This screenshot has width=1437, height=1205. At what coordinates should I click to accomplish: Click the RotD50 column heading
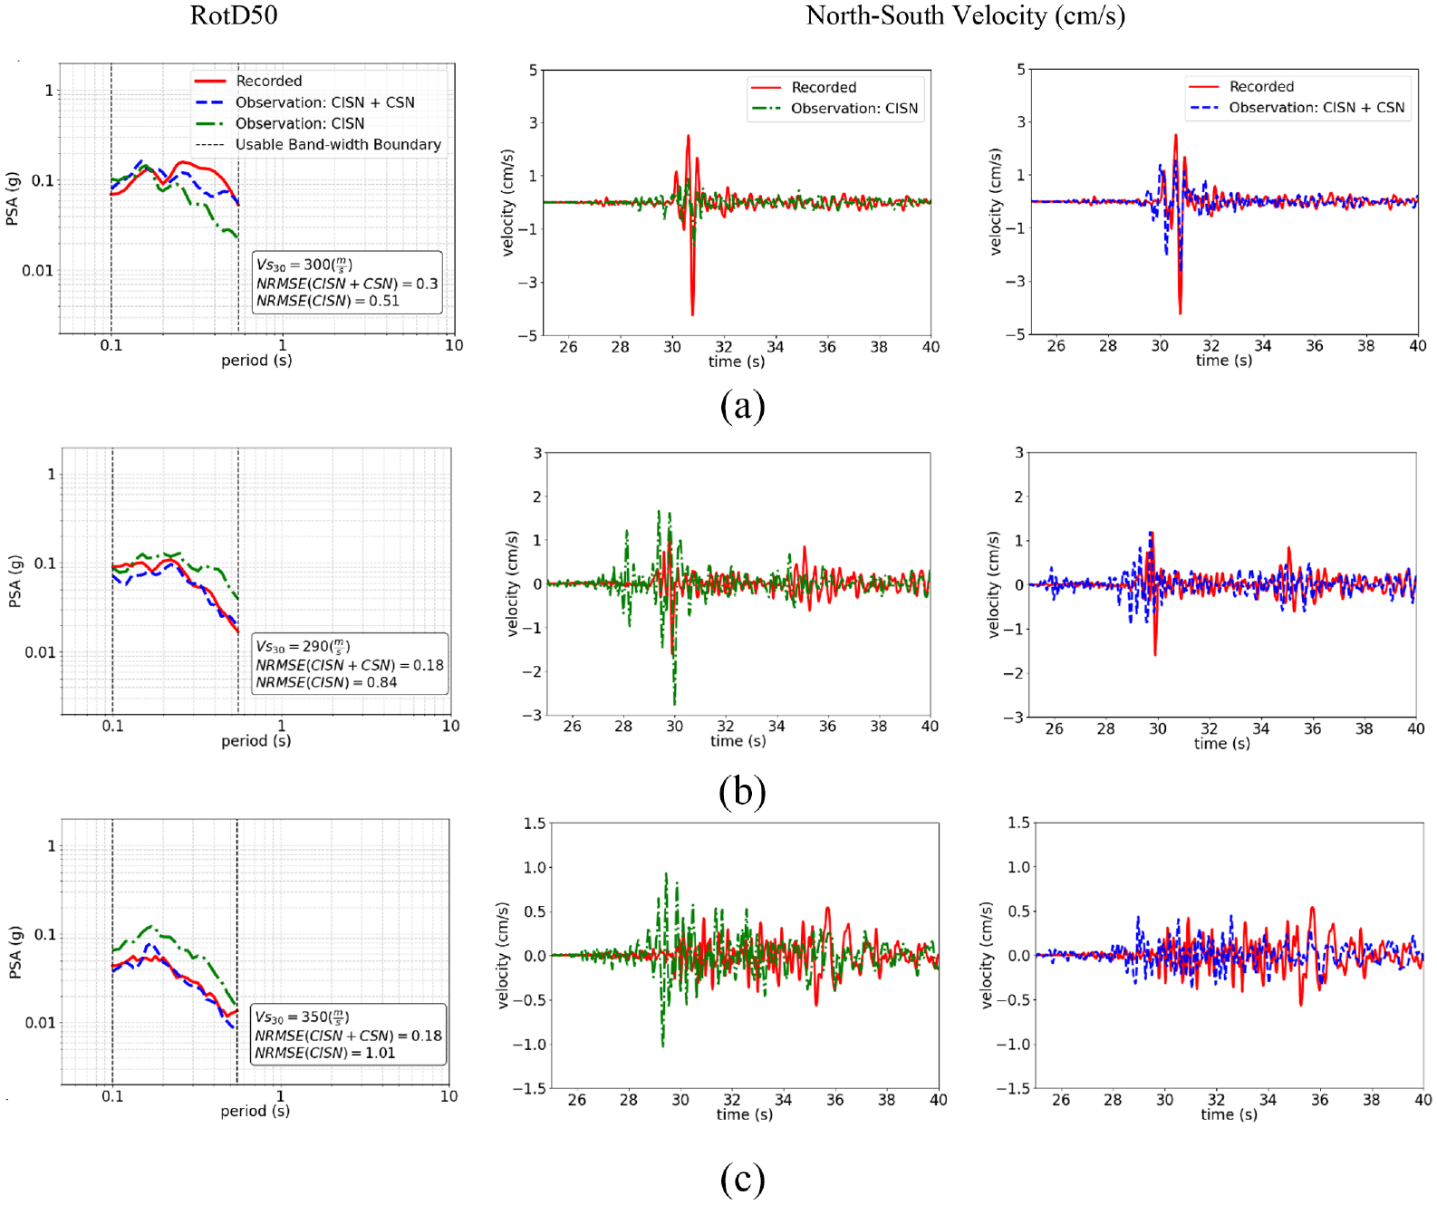point(233,15)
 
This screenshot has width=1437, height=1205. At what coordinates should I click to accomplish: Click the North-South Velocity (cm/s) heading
point(965,15)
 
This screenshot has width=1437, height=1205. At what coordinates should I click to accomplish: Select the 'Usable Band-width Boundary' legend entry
point(338,145)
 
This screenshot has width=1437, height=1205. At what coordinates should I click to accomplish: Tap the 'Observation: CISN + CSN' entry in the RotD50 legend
point(325,102)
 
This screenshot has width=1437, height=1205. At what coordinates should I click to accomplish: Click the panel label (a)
point(742,406)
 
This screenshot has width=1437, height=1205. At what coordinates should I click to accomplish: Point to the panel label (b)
point(742,792)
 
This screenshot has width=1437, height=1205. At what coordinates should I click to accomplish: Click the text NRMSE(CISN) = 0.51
point(328,301)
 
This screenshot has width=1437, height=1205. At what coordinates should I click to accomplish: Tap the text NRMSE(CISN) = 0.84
point(326,682)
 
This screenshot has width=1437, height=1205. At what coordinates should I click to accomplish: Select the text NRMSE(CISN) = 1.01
point(325,1053)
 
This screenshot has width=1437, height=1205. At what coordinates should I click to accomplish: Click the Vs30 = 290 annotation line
point(303,647)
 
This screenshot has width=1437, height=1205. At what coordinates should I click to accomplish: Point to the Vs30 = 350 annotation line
point(302,1017)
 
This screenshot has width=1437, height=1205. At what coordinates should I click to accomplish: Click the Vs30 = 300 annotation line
point(304,265)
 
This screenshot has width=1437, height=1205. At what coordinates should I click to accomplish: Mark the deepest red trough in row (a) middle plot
point(691,314)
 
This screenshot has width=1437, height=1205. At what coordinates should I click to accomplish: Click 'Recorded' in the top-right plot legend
point(1261,87)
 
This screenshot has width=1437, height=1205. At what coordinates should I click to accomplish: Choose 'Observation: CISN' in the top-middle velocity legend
point(854,108)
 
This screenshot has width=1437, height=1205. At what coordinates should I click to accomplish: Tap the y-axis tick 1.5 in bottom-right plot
point(1018,823)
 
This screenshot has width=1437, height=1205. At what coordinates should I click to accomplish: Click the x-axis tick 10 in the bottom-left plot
point(448,1095)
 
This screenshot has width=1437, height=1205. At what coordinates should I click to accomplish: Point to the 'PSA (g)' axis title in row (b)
point(14,582)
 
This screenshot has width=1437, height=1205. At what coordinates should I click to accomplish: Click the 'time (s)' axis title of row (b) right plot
point(1221,743)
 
